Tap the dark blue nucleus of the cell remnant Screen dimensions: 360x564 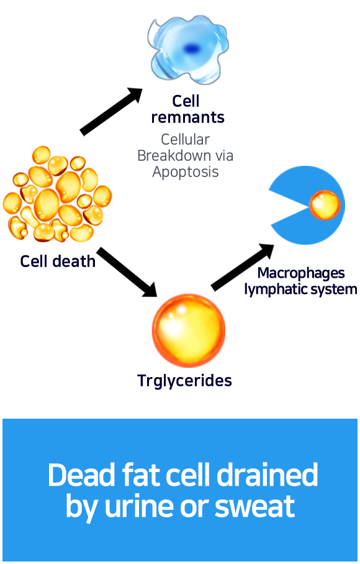coord(191,48)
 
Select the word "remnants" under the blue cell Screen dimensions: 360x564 coord(188,117)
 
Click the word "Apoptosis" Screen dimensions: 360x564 coord(186,172)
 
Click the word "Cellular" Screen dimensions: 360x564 coord(185,139)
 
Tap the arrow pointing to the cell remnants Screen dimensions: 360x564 coord(111,111)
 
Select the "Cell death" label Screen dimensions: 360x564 coord(58,261)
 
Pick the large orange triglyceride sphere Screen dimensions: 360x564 coord(189,330)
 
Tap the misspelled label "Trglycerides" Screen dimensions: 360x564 coord(185,381)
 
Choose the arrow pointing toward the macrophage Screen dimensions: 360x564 coord(243,267)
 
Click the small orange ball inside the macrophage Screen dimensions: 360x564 coord(325,205)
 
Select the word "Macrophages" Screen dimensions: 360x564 coord(301,273)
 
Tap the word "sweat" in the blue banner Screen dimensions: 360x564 coord(255,506)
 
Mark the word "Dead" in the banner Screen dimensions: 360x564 coord(81,475)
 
